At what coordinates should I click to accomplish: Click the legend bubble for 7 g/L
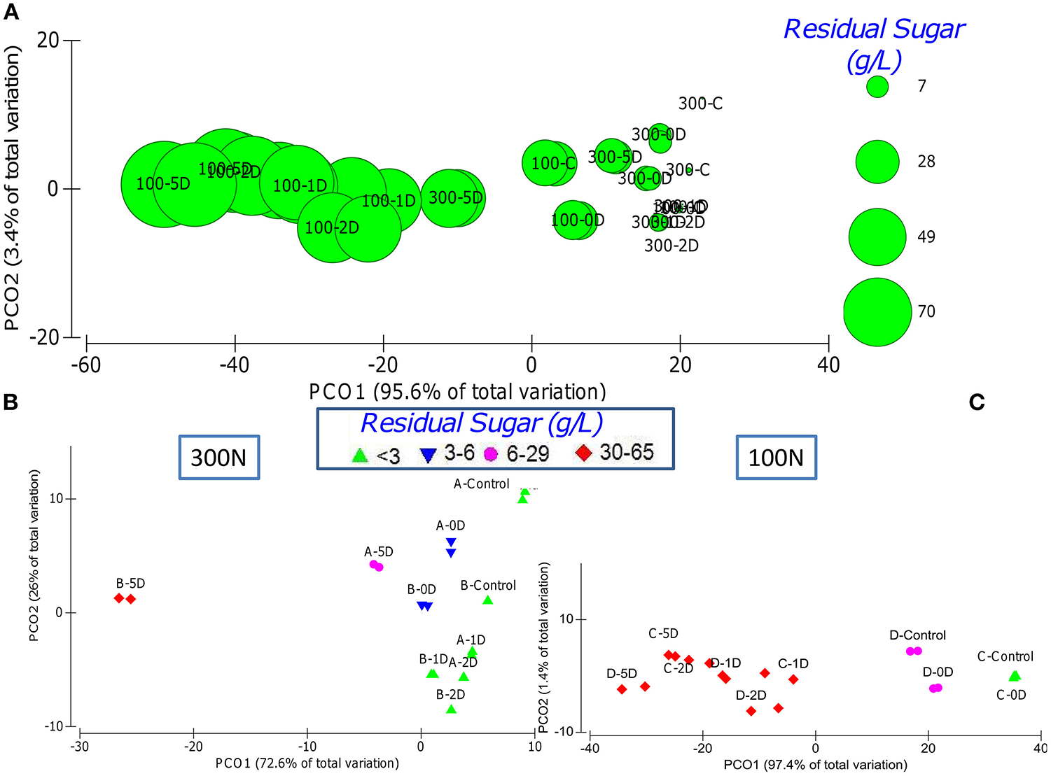(877, 87)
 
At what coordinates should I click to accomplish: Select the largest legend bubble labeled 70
(877, 312)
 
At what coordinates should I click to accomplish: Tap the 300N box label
(219, 458)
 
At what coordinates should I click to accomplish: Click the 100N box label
(776, 458)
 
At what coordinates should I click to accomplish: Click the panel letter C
(977, 402)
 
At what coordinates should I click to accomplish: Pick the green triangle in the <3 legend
(360, 456)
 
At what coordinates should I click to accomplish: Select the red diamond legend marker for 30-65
(583, 453)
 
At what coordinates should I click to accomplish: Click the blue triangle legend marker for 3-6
(428, 456)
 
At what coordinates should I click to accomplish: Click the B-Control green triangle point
(488, 600)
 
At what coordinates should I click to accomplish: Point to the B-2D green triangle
(451, 709)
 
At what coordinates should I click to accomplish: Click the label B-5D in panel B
(130, 584)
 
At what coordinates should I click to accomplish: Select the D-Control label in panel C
(917, 635)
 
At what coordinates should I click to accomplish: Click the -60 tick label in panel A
(86, 365)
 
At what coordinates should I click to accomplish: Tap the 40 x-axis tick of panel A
(828, 365)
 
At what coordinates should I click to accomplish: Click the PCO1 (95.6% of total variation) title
(457, 392)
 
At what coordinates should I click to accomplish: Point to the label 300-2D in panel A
(671, 246)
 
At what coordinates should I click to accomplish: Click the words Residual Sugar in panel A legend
(874, 29)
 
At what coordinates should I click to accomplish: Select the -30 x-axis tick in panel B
(80, 746)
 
